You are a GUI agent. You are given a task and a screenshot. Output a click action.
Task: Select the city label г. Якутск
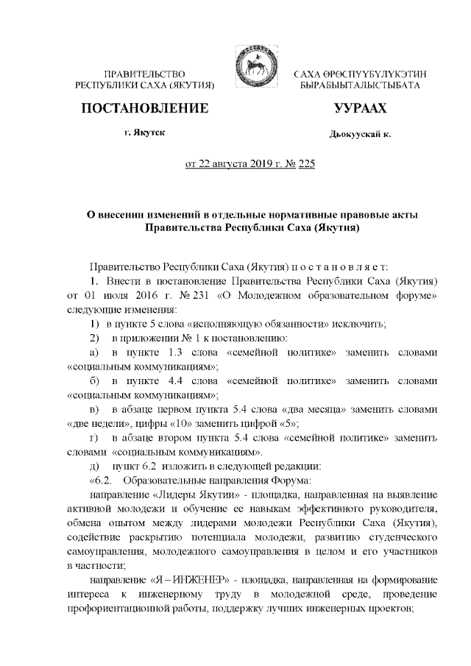(145, 133)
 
